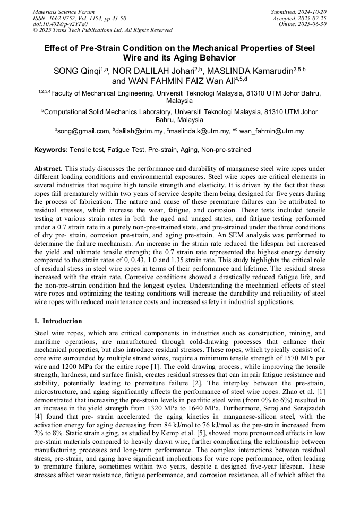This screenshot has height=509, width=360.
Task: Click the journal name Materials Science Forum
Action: [x=64, y=11]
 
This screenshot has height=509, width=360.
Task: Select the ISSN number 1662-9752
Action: [x=66, y=18]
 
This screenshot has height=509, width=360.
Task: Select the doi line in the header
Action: [x=61, y=24]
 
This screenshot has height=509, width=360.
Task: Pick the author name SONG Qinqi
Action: [x=78, y=71]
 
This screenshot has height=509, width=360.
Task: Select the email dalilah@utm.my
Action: [x=139, y=131]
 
